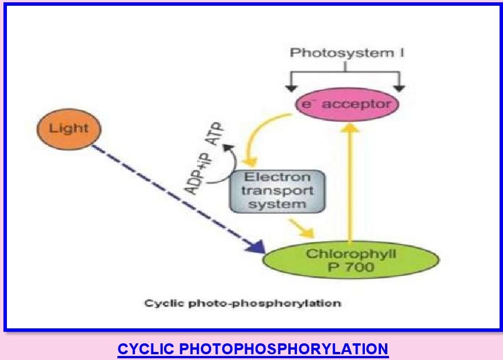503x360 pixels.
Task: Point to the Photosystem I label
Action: pos(345,53)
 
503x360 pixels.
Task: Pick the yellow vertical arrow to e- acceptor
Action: pos(349,184)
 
